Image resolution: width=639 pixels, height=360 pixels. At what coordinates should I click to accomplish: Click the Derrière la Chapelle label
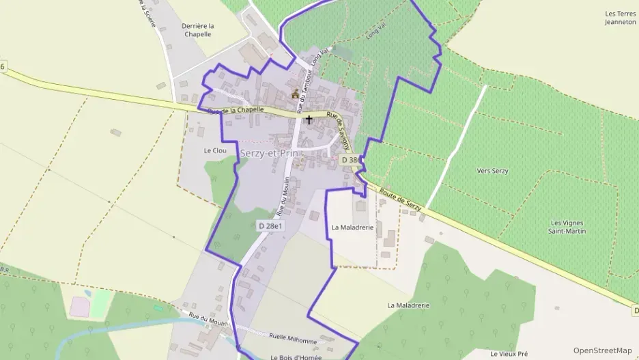(198, 30)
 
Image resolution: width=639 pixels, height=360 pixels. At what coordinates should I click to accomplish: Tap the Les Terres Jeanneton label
(620, 18)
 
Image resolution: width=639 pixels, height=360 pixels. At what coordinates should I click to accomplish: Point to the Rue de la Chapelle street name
(236, 110)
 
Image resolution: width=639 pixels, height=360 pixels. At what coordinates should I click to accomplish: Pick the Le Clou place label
(215, 150)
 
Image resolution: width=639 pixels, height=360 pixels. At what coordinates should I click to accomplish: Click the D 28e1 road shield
(271, 225)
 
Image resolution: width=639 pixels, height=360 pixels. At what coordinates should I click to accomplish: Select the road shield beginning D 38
(350, 160)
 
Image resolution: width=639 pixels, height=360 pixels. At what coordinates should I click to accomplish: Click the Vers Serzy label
(493, 171)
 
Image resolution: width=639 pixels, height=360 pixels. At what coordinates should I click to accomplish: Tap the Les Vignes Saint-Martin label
(568, 227)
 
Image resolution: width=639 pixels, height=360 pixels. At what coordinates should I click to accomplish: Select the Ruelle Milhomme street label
(293, 340)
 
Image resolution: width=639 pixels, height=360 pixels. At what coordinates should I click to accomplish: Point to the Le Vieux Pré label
(509, 354)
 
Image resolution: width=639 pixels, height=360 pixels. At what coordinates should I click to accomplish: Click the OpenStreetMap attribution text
(602, 350)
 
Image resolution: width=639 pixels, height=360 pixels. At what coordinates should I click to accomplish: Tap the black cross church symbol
(309, 120)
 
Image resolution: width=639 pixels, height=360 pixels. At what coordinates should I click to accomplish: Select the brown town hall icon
(296, 94)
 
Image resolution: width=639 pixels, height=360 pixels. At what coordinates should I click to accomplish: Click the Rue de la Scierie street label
(147, 12)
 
